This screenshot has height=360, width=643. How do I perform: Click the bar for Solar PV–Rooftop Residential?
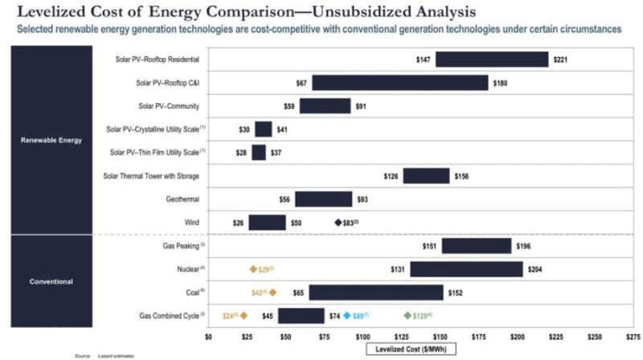point(491,59)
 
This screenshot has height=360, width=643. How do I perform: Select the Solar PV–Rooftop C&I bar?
point(399,83)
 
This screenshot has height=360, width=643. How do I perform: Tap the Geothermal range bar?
point(323,199)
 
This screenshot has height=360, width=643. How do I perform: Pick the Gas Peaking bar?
point(476,246)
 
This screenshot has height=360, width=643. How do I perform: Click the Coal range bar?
point(375,292)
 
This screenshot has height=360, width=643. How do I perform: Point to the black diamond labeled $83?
point(338,223)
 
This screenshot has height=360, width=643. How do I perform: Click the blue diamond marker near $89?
point(346,316)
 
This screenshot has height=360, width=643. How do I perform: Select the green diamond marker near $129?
point(408,316)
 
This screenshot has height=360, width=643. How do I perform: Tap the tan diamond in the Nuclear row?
point(253,270)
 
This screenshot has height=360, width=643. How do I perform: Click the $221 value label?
point(560,59)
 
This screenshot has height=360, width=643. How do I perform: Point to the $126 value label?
point(391,176)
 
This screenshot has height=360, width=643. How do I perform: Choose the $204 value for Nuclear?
point(535,270)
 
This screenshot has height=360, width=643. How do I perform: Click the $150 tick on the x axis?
point(440,337)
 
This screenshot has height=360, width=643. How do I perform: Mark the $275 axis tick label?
point(633,337)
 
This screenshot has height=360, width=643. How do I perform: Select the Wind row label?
point(190,223)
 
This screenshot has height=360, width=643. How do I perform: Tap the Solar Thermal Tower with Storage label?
point(151,176)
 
